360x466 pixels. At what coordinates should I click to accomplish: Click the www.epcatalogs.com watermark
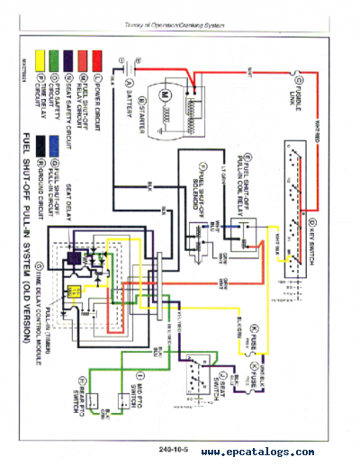(x=256, y=453)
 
